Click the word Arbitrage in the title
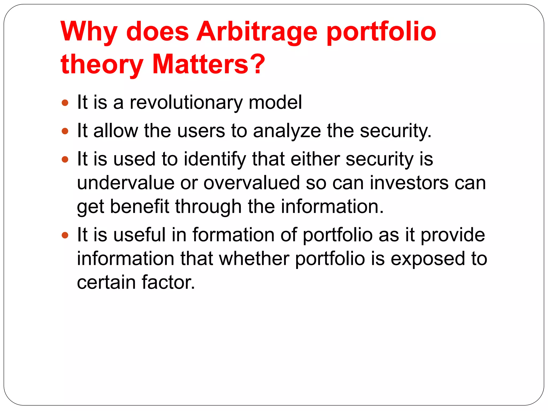point(256,32)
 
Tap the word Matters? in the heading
point(208,64)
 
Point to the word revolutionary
point(186,103)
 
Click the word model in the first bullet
point(275,102)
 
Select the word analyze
point(287,131)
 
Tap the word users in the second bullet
point(201,131)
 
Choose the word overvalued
point(252,183)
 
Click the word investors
point(409,183)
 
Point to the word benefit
point(139,207)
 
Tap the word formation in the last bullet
point(233,235)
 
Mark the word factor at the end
point(168,283)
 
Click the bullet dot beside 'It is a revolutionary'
point(65,103)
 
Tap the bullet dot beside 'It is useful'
point(65,235)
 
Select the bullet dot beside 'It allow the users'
point(65,131)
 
